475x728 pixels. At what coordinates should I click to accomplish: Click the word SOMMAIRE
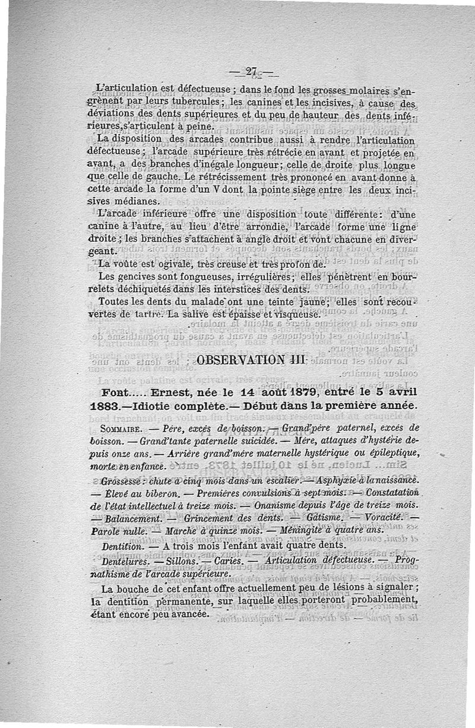click(x=121, y=428)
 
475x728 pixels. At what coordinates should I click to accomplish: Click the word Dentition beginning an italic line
click(x=122, y=545)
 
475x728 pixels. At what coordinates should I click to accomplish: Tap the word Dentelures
click(x=126, y=561)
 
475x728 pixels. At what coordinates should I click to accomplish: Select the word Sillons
click(x=177, y=561)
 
